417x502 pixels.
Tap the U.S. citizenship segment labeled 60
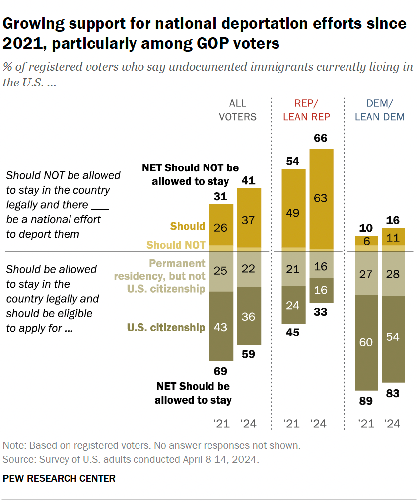[x=366, y=343]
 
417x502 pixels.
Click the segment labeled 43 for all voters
[x=221, y=326]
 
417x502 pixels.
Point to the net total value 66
[x=321, y=138]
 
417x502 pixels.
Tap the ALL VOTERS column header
[x=243, y=110]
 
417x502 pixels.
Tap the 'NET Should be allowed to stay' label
[x=193, y=393]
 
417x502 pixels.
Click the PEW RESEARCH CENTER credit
[x=59, y=478]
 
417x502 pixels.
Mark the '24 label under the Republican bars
[x=319, y=424]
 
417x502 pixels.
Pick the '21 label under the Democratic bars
[x=366, y=424]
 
